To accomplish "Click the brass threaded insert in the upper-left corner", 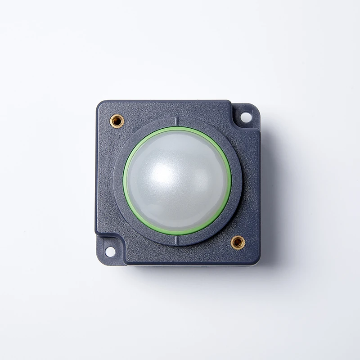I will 117,121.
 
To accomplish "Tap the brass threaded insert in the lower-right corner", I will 238,243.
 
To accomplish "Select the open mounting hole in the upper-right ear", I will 246,117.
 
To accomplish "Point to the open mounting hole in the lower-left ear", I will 110,252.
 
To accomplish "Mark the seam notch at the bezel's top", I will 177,121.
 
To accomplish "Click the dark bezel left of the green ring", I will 118,180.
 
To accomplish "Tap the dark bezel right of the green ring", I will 237,180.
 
